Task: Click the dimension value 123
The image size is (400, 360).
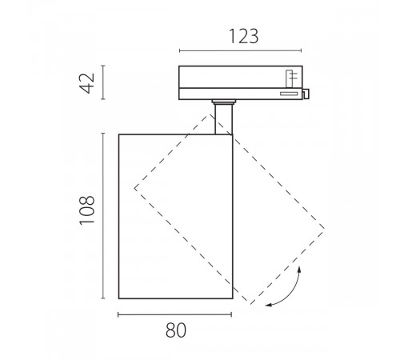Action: click(244, 36)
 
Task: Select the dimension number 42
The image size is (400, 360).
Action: click(88, 83)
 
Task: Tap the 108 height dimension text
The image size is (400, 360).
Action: click(87, 210)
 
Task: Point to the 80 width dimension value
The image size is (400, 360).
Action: click(176, 330)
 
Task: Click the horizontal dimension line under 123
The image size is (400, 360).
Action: click(241, 50)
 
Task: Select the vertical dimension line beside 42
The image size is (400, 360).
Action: click(103, 82)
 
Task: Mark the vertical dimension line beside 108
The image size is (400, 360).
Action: click(103, 215)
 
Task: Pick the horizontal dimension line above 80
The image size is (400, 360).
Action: click(174, 314)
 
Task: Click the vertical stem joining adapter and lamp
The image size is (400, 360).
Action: click(223, 119)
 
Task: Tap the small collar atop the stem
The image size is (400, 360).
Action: click(224, 102)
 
